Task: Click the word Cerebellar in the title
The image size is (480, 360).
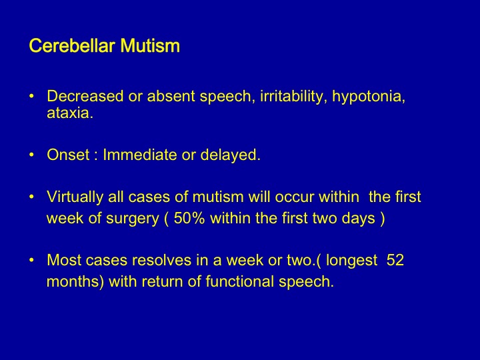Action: point(72,46)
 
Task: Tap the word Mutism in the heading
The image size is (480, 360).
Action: point(150,46)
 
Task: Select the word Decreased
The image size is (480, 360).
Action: point(85,96)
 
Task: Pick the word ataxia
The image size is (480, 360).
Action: point(70,113)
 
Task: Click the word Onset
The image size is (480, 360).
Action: point(68,155)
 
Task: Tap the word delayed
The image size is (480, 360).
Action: point(230,155)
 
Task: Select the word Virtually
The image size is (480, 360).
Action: point(75,197)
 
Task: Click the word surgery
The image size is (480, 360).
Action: point(133,219)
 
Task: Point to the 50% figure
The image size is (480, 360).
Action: point(189,218)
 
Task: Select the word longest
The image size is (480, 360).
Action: point(352,261)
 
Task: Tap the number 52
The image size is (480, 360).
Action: point(395,260)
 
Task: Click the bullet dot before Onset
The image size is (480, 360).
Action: point(31,155)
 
